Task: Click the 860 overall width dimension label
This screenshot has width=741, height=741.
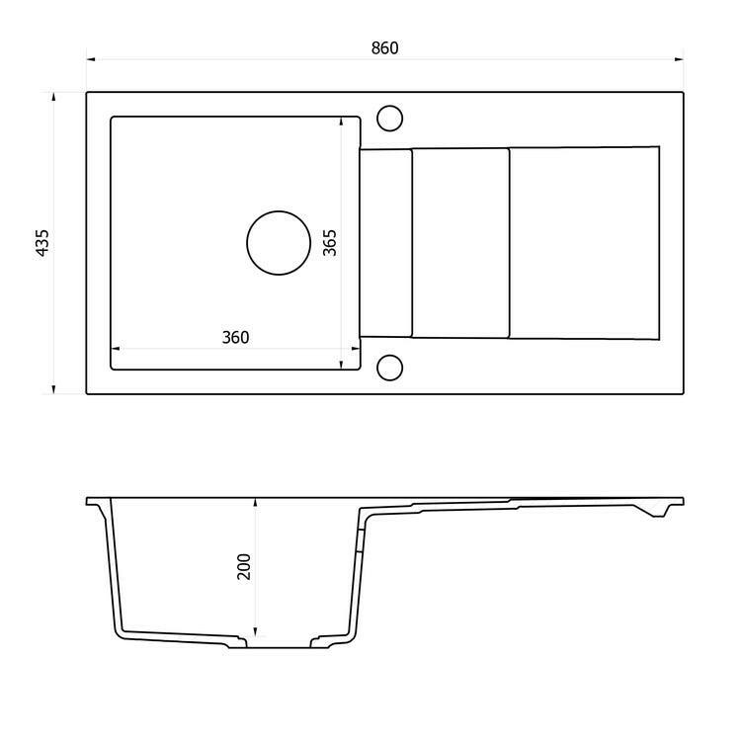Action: pos(384,47)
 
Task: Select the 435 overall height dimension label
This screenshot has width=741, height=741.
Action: pos(42,243)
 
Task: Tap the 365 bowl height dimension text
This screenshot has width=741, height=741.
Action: pos(330,243)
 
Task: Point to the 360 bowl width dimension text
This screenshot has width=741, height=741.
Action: pos(235,337)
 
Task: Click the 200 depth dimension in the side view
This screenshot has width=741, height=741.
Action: pos(244,565)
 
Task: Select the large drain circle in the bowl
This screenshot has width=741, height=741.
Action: pos(278,243)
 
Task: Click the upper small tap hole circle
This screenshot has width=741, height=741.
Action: pos(390,118)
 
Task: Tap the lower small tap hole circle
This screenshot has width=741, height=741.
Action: pos(390,368)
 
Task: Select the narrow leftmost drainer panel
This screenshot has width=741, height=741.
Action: pos(385,243)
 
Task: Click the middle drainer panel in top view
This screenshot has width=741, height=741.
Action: pos(459,243)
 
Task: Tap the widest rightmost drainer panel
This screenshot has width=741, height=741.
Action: pos(583,243)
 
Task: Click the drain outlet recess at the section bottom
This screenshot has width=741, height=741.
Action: pos(278,645)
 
